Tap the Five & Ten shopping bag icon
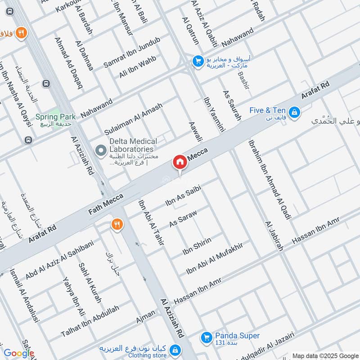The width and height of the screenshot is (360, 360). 294,112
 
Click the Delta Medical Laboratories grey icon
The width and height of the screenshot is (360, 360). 101,149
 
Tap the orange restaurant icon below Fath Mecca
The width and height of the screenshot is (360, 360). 117,224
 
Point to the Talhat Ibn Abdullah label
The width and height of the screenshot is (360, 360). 90,321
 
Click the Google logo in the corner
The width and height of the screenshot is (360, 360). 18,354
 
